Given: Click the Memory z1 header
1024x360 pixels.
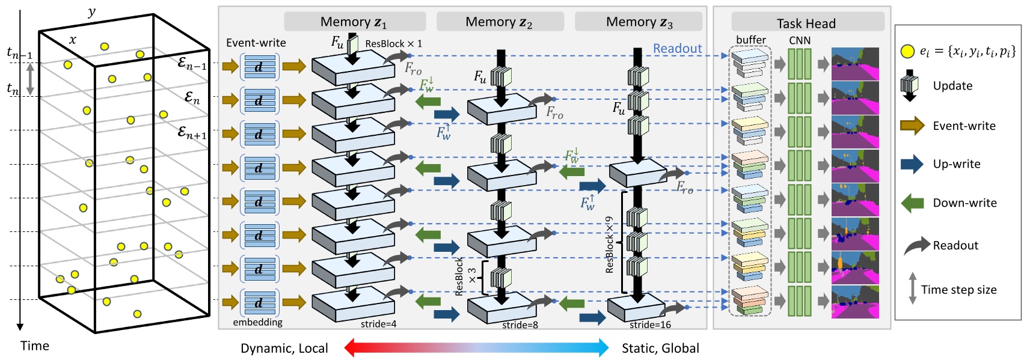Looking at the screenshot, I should click(x=354, y=22).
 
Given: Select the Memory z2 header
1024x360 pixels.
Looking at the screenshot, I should click(x=499, y=22).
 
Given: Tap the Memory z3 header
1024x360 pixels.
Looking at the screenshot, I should click(x=639, y=22).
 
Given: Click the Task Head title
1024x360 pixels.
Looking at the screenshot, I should click(x=806, y=23).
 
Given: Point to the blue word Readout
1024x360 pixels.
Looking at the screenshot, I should click(x=677, y=49).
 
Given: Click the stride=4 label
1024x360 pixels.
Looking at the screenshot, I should click(x=378, y=325).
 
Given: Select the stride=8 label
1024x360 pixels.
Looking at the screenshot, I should click(x=520, y=325).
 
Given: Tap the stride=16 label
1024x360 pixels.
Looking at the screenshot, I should click(x=650, y=325).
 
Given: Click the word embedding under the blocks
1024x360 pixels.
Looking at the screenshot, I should click(x=257, y=322).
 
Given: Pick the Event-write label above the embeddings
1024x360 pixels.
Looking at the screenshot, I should click(x=256, y=43).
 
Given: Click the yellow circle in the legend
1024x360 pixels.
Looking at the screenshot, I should click(x=907, y=52).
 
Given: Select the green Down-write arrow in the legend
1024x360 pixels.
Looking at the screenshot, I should click(x=912, y=203).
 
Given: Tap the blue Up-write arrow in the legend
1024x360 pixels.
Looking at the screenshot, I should click(x=912, y=164).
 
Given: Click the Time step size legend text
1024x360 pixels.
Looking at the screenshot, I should click(x=958, y=290).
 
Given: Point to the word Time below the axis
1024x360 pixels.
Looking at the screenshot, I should click(x=35, y=346).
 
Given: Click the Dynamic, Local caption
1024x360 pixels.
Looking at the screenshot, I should click(x=284, y=348).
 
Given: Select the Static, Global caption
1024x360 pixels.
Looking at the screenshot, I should click(x=660, y=348).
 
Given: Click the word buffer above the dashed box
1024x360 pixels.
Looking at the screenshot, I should click(x=750, y=40).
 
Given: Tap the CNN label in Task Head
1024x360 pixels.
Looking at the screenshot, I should click(x=799, y=40).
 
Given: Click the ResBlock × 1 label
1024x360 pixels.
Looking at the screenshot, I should click(x=393, y=44).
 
